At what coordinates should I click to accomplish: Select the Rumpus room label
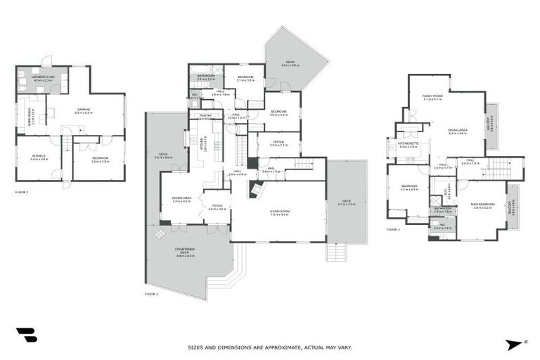click(x=39, y=157)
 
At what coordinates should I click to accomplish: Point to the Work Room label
click(x=32, y=111)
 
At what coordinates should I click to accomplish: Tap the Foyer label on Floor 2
click(x=217, y=206)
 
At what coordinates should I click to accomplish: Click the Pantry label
click(x=205, y=116)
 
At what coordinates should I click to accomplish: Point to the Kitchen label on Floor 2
click(x=204, y=144)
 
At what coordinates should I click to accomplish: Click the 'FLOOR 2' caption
click(x=151, y=293)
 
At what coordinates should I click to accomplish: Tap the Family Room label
click(x=432, y=96)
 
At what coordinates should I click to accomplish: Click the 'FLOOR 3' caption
click(x=393, y=229)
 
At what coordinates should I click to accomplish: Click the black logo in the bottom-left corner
click(x=27, y=335)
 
